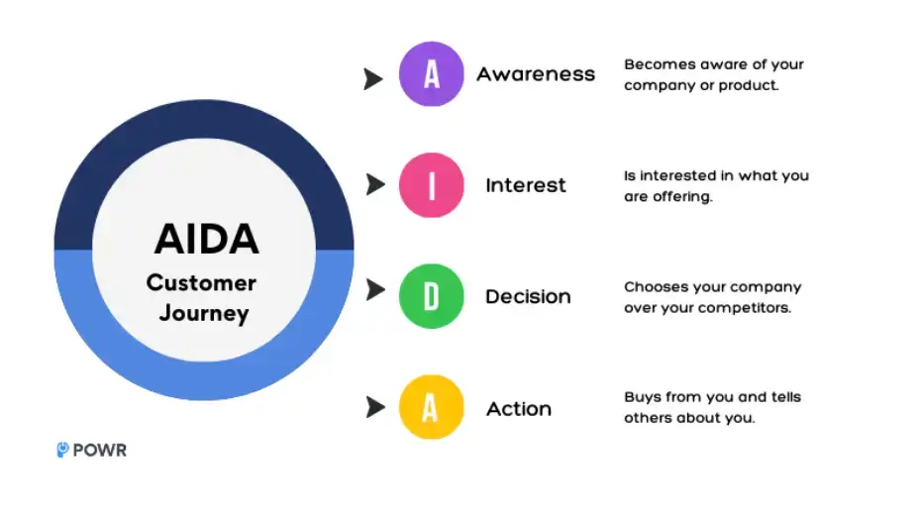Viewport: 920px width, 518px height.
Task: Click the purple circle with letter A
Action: point(431,74)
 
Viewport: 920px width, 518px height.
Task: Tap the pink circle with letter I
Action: point(431,185)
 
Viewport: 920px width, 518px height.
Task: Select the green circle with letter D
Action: point(431,296)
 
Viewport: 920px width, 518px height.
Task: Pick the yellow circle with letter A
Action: point(431,407)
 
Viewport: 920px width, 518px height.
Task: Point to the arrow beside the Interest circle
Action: point(373,184)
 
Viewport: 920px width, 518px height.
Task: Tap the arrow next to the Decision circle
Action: point(373,290)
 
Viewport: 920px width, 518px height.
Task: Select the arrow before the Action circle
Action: point(373,406)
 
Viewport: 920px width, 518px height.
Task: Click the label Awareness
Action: point(536,74)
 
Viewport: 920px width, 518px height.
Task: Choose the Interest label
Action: point(525,185)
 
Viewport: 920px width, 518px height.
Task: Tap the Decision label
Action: point(528,296)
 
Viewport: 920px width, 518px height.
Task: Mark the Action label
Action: point(519,408)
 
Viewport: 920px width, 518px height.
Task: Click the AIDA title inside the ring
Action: point(206,239)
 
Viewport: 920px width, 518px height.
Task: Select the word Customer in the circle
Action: point(201,283)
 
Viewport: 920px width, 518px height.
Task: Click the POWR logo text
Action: point(99,451)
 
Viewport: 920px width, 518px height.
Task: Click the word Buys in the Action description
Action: point(642,397)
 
